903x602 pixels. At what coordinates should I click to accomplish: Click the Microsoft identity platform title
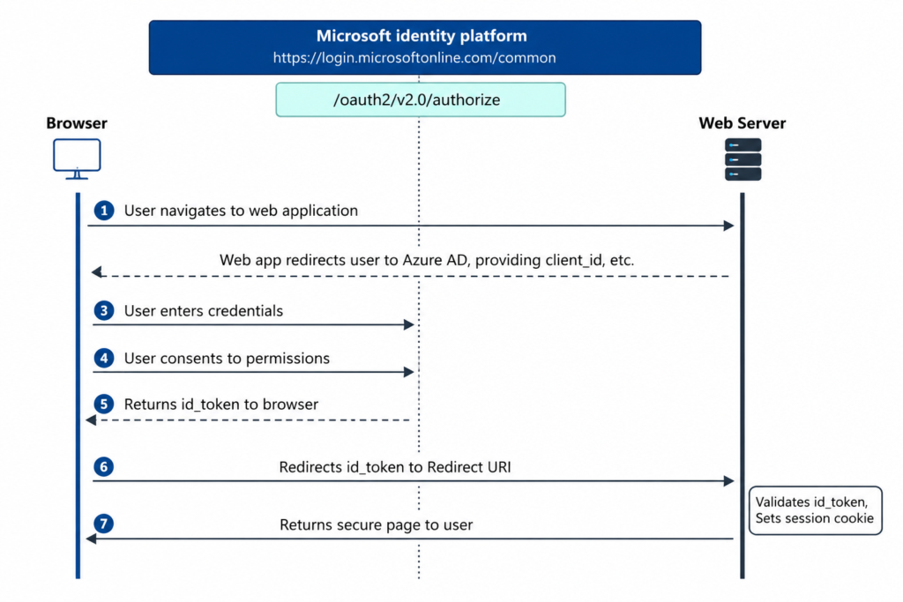tap(422, 35)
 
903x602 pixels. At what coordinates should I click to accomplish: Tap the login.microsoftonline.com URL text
tap(414, 57)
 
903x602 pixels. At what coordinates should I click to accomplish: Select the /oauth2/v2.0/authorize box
tap(421, 100)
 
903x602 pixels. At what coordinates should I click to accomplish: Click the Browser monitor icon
tap(78, 159)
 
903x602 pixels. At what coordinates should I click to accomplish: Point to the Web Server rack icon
tap(743, 160)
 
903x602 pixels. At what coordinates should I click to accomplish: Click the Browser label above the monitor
tap(77, 123)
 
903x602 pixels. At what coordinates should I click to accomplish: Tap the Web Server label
tap(743, 123)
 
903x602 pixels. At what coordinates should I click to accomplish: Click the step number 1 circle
tap(104, 211)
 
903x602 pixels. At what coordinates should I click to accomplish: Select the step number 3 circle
tap(104, 311)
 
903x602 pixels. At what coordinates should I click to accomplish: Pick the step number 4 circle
tap(104, 358)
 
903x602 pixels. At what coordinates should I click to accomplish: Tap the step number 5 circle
tap(104, 404)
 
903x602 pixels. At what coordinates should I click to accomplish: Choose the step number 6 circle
tap(104, 467)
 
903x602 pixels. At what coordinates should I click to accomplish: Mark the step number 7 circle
tap(104, 524)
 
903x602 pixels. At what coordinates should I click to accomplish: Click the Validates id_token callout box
tap(815, 510)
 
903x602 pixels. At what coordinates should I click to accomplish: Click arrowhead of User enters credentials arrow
tap(409, 324)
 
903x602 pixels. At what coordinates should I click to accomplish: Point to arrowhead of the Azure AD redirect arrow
tap(97, 271)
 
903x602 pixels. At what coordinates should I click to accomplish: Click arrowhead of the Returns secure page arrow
tap(91, 539)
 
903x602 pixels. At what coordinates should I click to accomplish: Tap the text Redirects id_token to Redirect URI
tap(395, 467)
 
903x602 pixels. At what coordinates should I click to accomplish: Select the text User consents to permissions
tap(227, 359)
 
